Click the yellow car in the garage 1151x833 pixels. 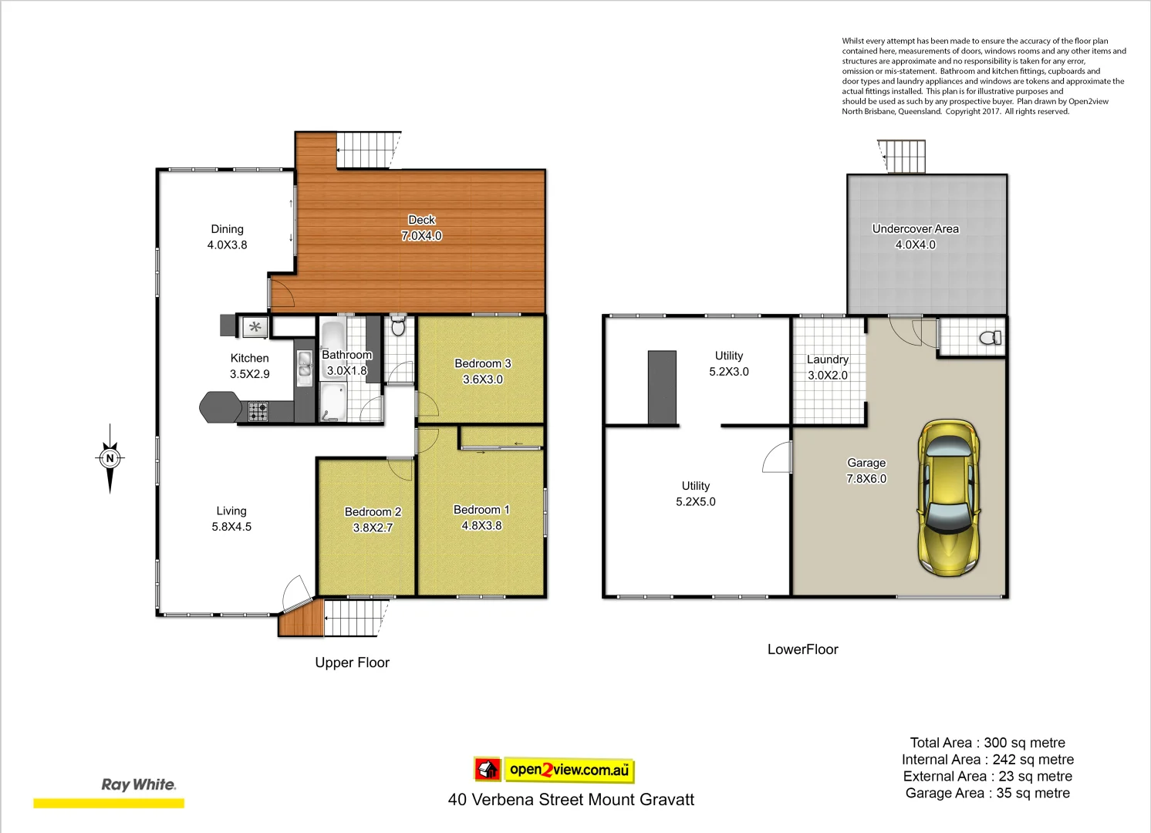click(949, 497)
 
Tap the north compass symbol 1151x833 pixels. click(110, 458)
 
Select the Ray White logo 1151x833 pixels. click(139, 784)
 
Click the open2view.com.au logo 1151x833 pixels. click(554, 769)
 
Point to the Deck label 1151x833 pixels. click(421, 220)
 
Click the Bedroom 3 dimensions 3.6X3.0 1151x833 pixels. click(483, 379)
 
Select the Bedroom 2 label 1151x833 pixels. click(373, 511)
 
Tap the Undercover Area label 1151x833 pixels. click(915, 228)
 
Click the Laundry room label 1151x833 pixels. click(827, 359)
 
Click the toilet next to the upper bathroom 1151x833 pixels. click(398, 326)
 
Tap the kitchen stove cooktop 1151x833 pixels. click(258, 412)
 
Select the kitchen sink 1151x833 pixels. click(305, 365)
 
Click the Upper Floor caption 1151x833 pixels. click(352, 663)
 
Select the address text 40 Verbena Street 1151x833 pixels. click(571, 800)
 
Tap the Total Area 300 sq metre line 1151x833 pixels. click(987, 743)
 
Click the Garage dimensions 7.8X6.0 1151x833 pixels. click(866, 479)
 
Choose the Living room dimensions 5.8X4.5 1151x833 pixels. click(231, 527)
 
